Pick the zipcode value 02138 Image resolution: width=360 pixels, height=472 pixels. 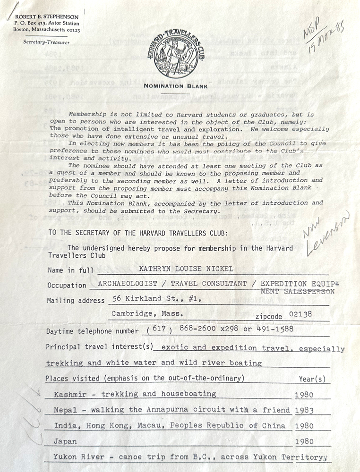point(300,314)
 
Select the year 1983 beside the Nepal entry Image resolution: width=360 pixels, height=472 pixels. point(304,410)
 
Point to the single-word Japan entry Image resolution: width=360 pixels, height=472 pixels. point(65,441)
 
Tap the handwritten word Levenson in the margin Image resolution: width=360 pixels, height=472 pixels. point(327,235)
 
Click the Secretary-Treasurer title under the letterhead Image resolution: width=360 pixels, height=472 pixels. point(46,42)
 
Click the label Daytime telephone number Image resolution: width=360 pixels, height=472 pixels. point(92,331)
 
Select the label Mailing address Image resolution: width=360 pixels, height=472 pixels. point(76,301)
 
